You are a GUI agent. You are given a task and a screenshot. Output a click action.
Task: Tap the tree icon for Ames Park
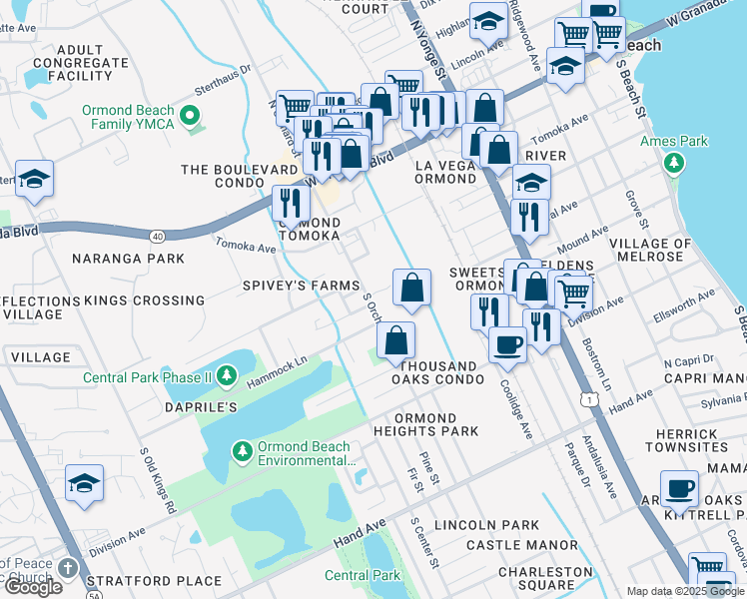tap(675, 162)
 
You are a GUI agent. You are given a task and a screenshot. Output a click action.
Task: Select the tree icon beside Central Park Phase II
tap(228, 376)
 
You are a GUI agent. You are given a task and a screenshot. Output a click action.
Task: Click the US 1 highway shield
tap(592, 399)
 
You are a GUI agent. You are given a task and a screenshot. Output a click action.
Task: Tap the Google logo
tap(32, 587)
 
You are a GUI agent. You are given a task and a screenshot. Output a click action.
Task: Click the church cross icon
tap(66, 568)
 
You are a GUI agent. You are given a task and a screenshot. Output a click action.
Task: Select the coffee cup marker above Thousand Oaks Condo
tap(507, 345)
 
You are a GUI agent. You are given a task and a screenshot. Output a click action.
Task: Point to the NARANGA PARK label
tap(128, 259)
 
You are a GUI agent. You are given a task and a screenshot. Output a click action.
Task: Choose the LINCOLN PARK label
tap(486, 525)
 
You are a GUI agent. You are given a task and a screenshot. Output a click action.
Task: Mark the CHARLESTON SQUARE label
tap(546, 578)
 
